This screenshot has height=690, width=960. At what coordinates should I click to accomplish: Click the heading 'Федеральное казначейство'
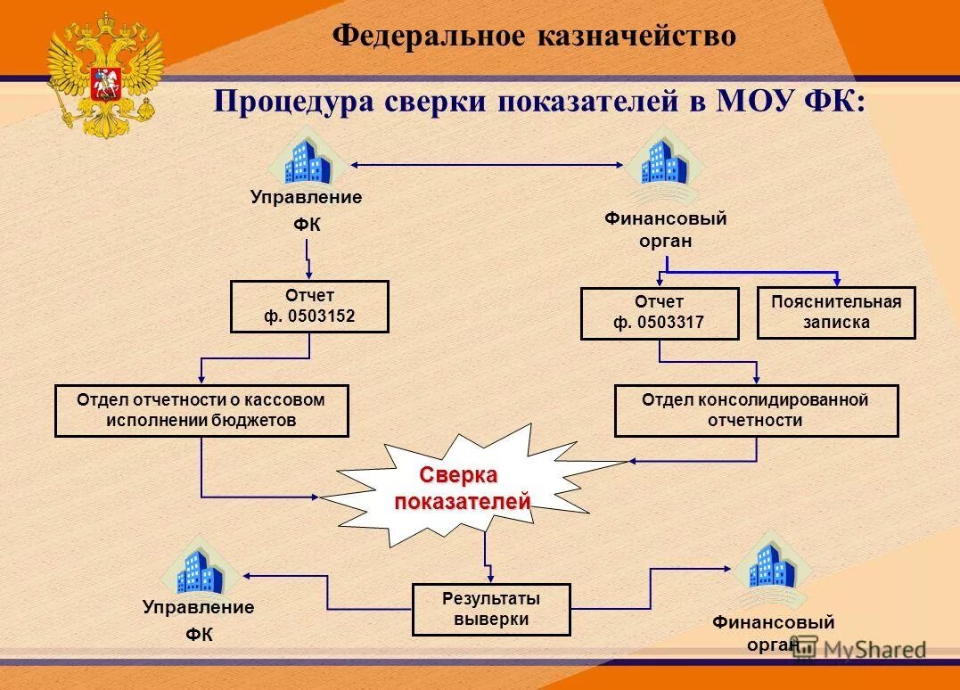coord(534,36)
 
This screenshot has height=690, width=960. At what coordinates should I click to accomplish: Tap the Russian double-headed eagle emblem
coord(105,73)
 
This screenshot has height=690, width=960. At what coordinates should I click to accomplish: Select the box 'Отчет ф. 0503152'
coord(309,307)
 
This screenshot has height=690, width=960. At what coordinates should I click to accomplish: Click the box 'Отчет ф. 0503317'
coord(659,313)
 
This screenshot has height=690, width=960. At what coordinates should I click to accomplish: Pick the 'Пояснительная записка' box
coord(835,313)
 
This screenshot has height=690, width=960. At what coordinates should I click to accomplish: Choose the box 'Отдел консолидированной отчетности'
coord(756,410)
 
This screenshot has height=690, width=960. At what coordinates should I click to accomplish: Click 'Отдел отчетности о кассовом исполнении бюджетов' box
coord(201,410)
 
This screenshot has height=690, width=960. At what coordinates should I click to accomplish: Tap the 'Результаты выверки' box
coord(491,609)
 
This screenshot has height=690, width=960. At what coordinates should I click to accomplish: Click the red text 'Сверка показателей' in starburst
coord(461,489)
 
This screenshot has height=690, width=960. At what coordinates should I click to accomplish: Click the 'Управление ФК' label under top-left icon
coord(307,211)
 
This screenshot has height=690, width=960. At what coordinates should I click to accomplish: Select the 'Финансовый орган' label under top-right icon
coord(666,229)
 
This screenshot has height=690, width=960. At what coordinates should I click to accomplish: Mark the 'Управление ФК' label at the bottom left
coord(198,620)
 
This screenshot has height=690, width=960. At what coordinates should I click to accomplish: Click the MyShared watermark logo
coord(859,648)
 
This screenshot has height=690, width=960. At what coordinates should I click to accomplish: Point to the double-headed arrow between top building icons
coord(487,164)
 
